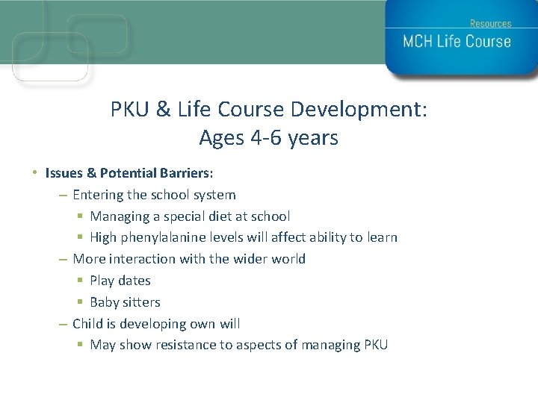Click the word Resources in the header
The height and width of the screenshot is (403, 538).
tap(490, 23)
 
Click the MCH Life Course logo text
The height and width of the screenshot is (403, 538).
tap(457, 42)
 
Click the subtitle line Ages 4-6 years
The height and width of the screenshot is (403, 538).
tap(268, 138)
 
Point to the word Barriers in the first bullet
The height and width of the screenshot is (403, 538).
tap(186, 173)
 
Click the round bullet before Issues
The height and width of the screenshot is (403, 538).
tap(35, 173)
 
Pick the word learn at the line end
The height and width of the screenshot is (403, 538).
tap(381, 238)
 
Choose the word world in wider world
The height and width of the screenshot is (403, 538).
tap(288, 259)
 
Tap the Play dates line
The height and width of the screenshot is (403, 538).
tap(120, 281)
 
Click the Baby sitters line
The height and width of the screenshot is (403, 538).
tap(125, 302)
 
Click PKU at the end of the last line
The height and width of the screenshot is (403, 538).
tap(375, 345)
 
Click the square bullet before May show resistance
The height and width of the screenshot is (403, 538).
tap(80, 346)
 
